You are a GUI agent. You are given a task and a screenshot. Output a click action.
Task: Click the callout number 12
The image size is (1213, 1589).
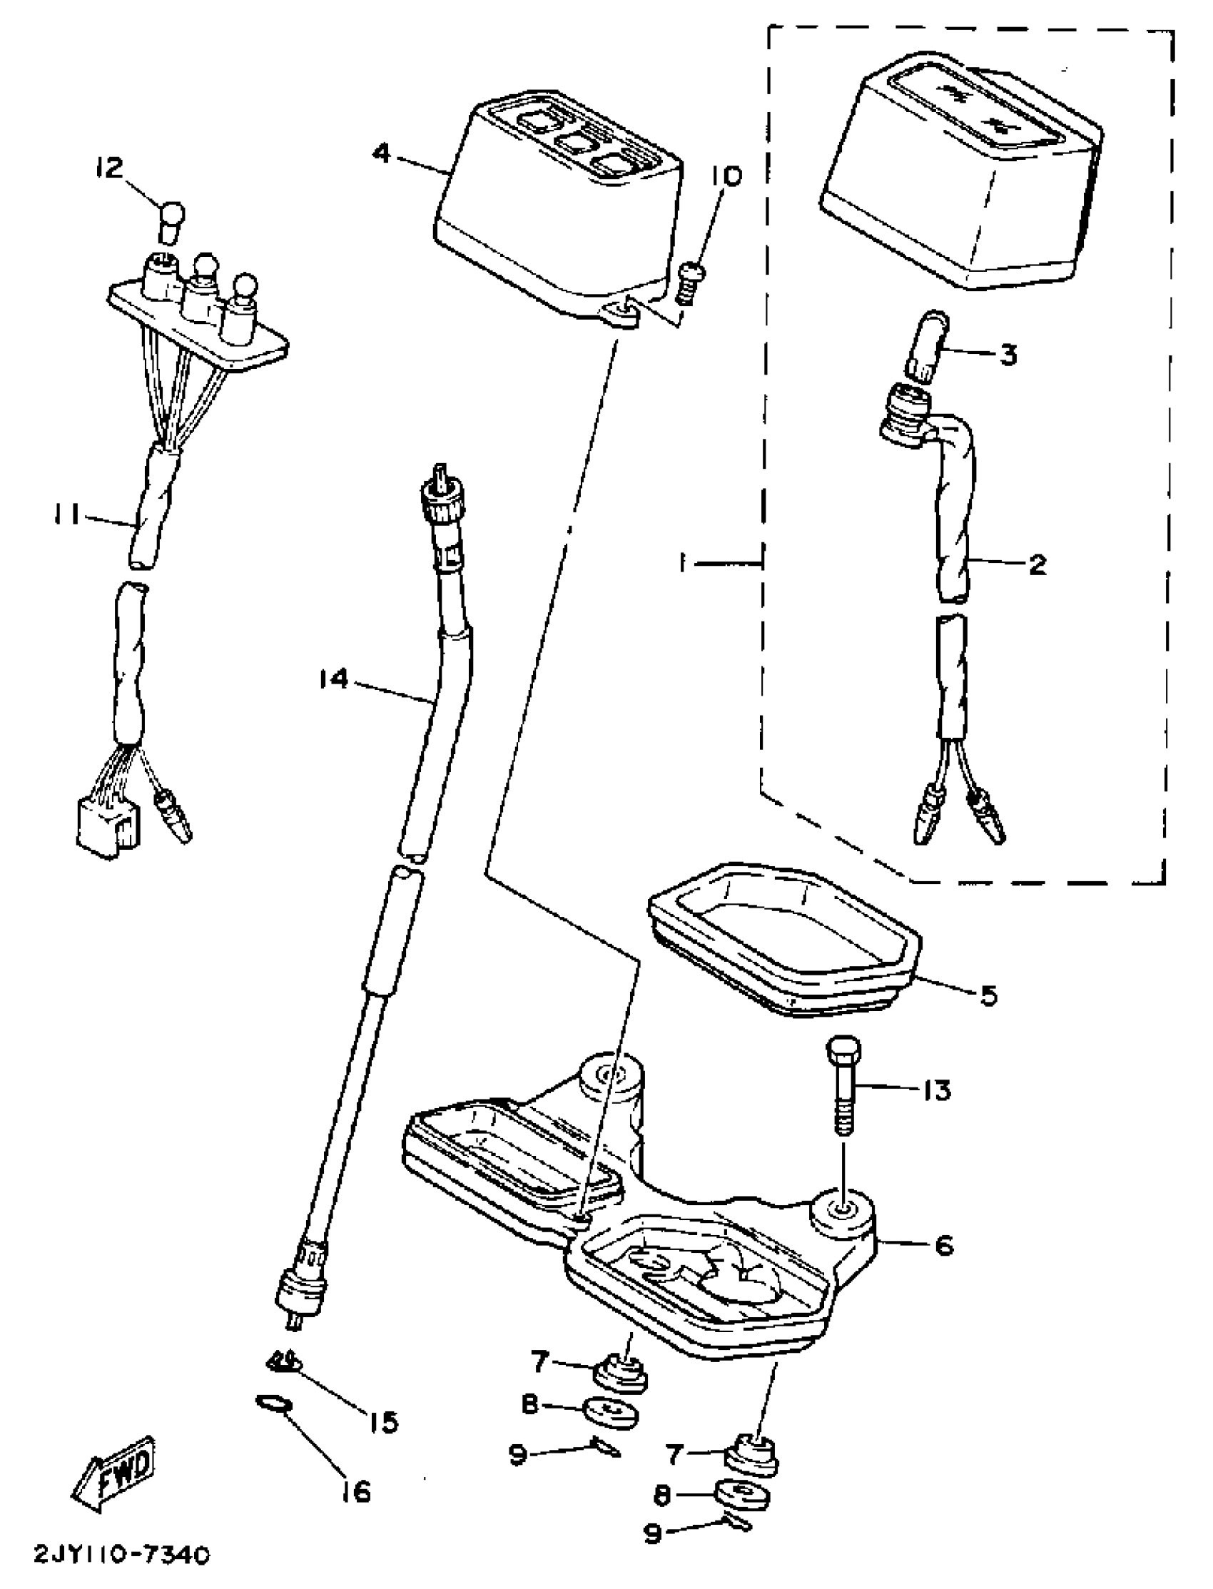click(108, 169)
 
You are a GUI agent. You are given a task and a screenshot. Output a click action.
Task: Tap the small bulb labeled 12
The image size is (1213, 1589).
click(171, 222)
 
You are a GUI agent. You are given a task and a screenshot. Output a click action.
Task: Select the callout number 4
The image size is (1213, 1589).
click(382, 154)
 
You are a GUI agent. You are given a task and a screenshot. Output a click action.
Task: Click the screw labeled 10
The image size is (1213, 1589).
click(691, 284)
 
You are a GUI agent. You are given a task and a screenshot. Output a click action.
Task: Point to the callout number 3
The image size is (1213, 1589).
click(1008, 355)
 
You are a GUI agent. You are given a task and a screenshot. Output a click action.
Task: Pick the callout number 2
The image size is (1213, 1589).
click(1037, 564)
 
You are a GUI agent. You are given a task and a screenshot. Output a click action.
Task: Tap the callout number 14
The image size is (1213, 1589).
click(334, 679)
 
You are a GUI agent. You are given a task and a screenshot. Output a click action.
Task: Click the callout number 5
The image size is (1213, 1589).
click(988, 995)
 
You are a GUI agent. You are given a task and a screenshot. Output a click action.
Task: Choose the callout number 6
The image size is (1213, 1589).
click(944, 1245)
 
